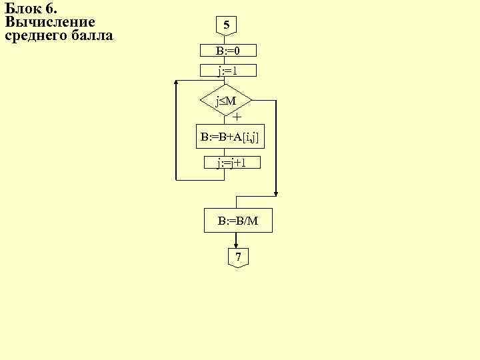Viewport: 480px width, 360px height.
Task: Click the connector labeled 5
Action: pyautogui.click(x=227, y=26)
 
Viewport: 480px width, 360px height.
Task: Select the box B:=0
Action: pyautogui.click(x=228, y=51)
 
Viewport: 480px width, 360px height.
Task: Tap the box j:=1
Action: pyautogui.click(x=228, y=70)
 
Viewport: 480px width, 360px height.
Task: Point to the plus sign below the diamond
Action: pyautogui.click(x=237, y=117)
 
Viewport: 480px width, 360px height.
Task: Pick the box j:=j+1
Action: pyautogui.click(x=232, y=162)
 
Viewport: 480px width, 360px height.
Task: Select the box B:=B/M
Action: pyautogui.click(x=238, y=220)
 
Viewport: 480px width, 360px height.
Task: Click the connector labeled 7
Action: pyautogui.click(x=238, y=257)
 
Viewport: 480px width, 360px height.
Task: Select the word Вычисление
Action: pyautogui.click(x=50, y=21)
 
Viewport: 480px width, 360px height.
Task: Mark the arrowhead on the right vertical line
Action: pyautogui.click(x=276, y=193)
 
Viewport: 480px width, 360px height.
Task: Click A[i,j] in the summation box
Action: pyautogui.click(x=247, y=137)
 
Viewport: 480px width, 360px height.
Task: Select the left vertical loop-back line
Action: pyautogui.click(x=175, y=130)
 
